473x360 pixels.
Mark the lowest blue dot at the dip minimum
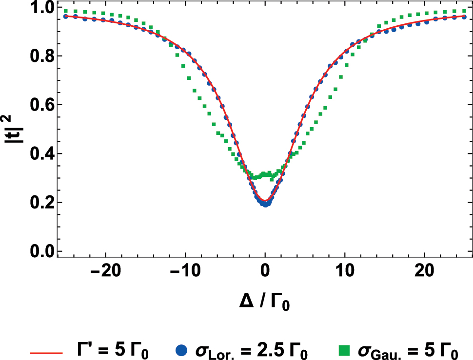[x=265, y=205]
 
